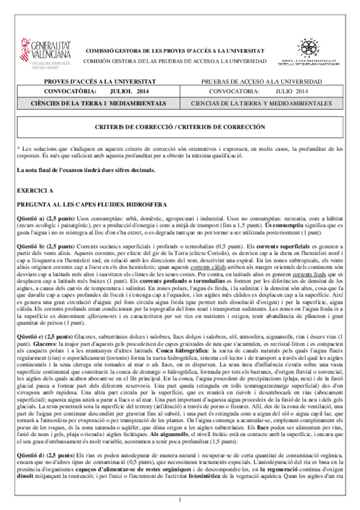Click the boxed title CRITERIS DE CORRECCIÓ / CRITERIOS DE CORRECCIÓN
coord(180,127)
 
